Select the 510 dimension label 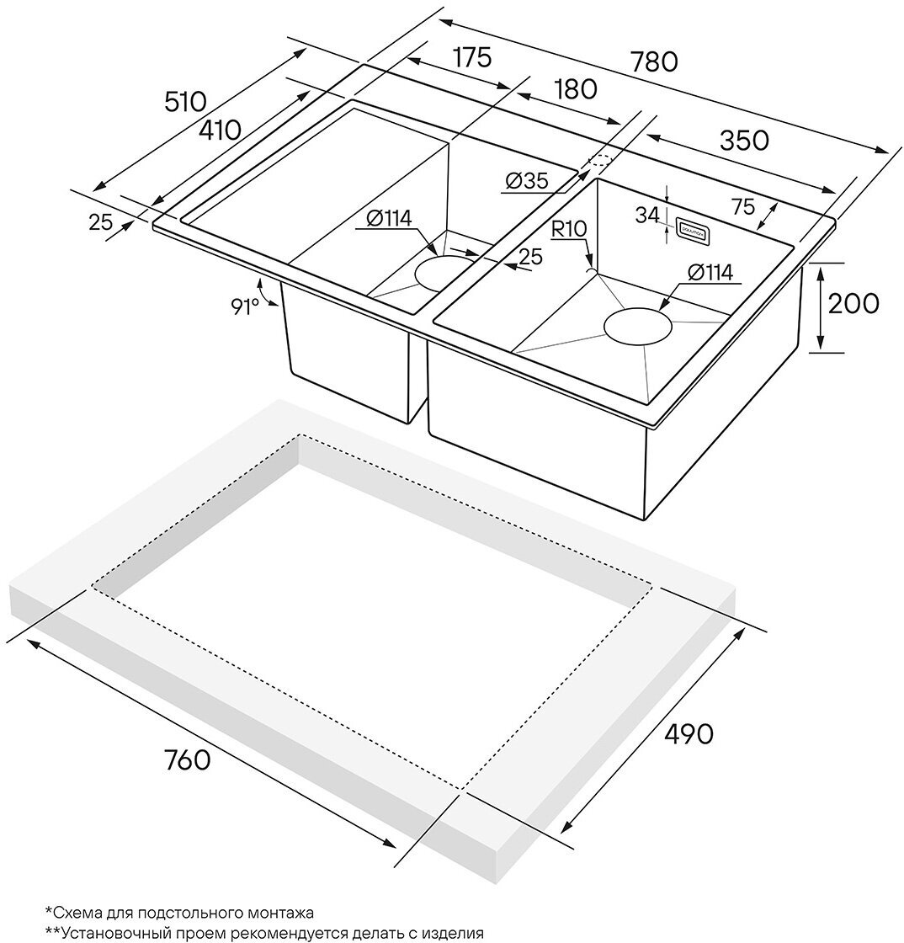coord(185,102)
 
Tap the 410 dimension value coord(220,130)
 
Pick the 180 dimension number coord(576,88)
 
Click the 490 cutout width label coord(689,733)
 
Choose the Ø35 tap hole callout coord(527,180)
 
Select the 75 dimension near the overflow coord(742,207)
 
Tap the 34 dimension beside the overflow coord(647,216)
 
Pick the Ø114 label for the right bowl coord(710,272)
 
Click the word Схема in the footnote coord(77,912)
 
